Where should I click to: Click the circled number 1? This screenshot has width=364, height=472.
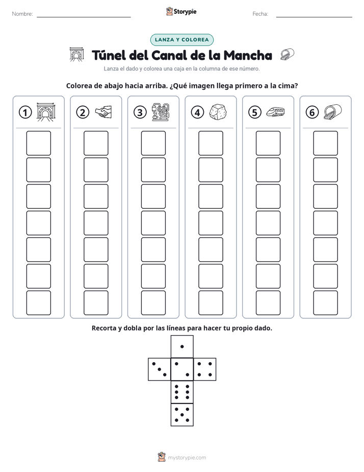(25, 112)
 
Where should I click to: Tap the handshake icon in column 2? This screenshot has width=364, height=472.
(103, 112)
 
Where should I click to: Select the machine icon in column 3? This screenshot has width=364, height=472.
(161, 112)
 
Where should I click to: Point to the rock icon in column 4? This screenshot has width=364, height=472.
(218, 112)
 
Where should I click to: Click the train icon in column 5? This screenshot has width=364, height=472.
(275, 112)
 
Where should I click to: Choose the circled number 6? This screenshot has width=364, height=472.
(312, 112)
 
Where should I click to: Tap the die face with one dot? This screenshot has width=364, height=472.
(182, 347)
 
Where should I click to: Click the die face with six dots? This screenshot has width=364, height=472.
(182, 392)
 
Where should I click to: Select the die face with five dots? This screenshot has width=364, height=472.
(182, 414)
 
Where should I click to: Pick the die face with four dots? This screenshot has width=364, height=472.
(204, 369)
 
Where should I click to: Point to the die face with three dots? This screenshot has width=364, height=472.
(160, 369)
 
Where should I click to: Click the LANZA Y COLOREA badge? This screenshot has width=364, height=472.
(181, 40)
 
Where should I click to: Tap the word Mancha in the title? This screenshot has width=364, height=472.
(248, 55)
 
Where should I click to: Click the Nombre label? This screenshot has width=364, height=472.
(22, 14)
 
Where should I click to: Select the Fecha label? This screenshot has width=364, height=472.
(260, 14)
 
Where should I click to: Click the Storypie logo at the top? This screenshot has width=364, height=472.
(181, 11)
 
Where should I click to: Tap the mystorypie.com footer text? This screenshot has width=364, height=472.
(187, 458)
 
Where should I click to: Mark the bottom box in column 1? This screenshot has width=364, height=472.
(38, 303)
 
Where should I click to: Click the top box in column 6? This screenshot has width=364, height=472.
(325, 143)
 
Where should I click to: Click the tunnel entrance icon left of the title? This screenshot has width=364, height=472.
(76, 55)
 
